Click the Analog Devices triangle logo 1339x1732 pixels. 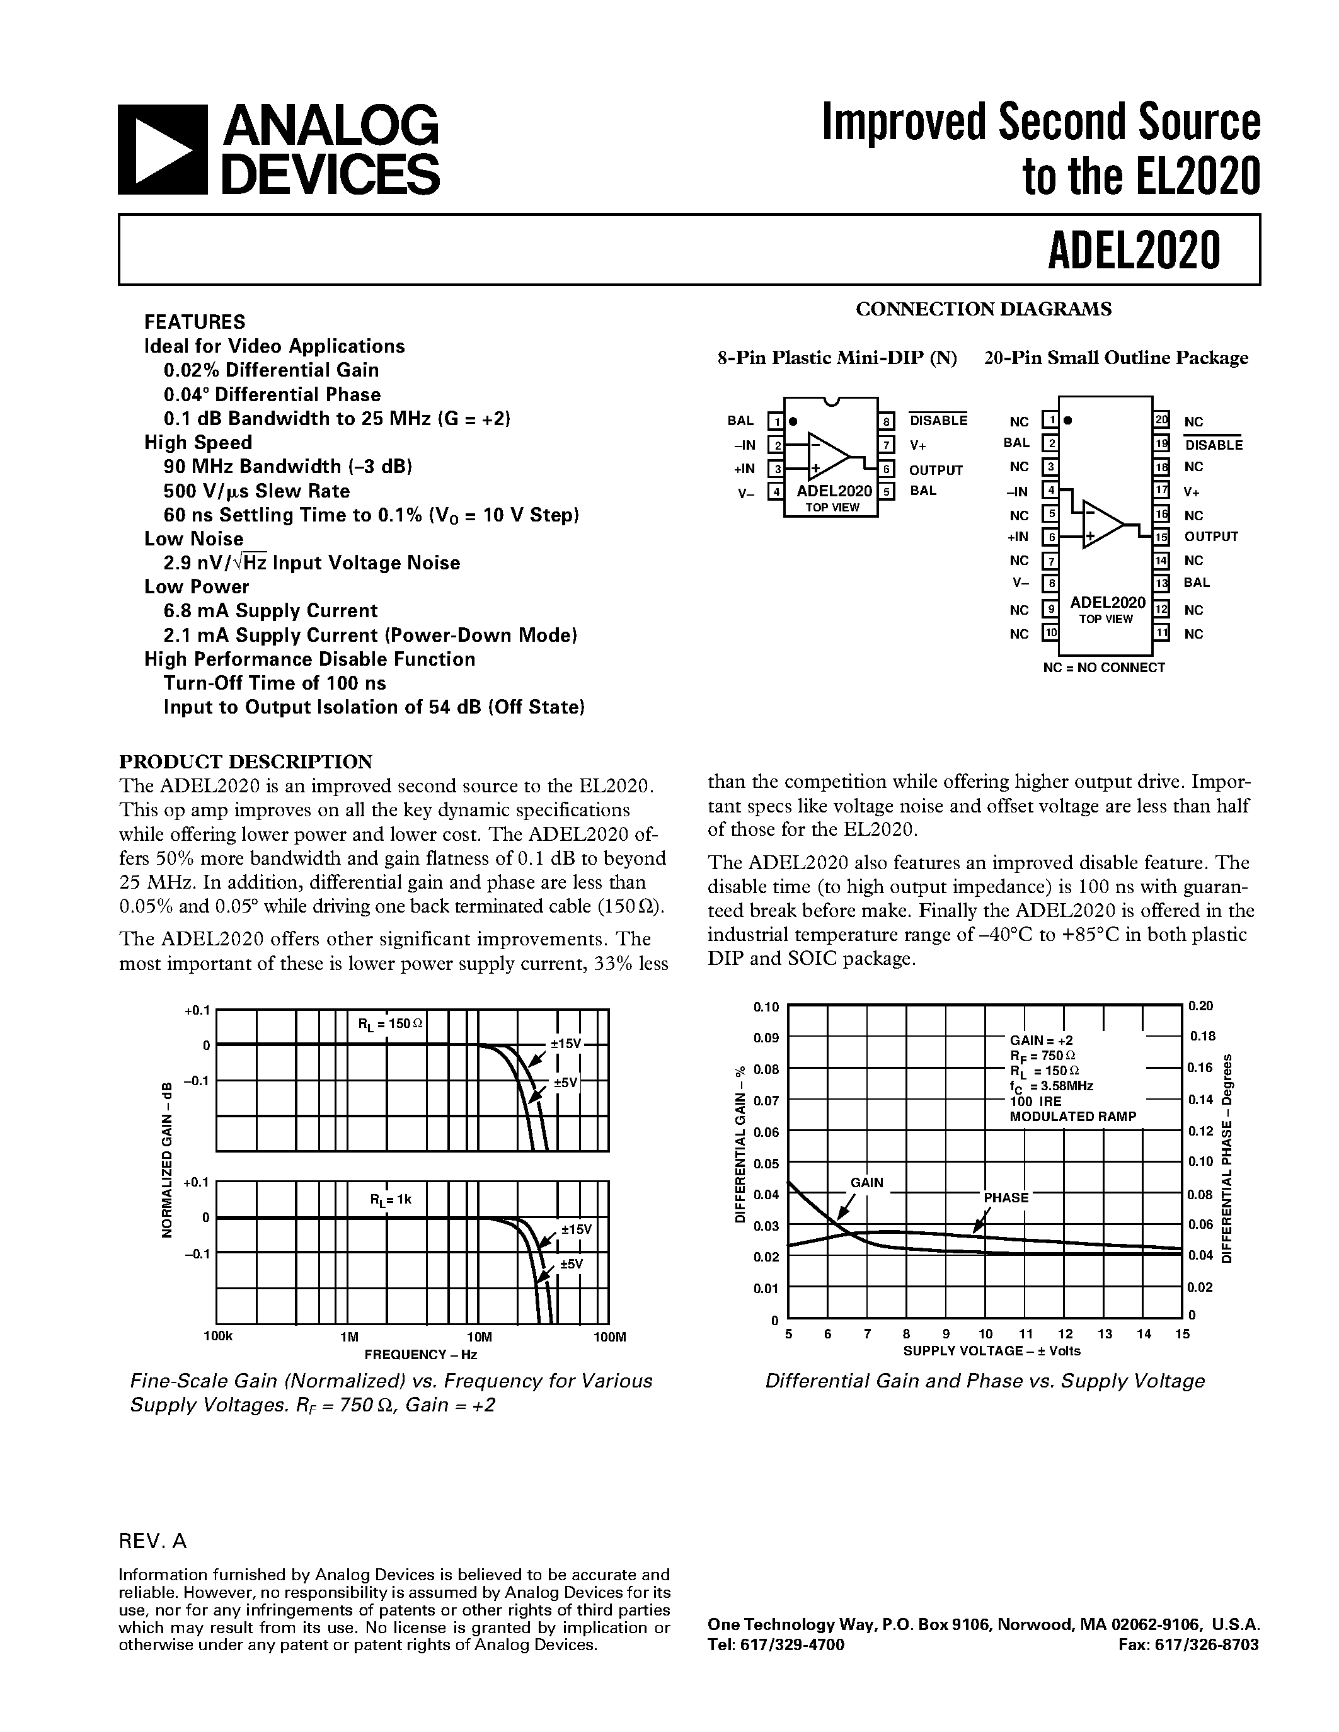tap(162, 149)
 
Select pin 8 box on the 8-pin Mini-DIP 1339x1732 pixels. tap(886, 421)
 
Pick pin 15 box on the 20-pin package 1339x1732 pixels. tap(1161, 537)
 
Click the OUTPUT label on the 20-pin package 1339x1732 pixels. tap(1210, 537)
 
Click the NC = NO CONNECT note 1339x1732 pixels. tap(1103, 668)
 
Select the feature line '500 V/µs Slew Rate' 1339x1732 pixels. tap(256, 491)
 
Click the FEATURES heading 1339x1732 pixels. tap(194, 322)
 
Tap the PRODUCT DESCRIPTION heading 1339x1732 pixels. tap(245, 762)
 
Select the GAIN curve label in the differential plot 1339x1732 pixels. tap(866, 1182)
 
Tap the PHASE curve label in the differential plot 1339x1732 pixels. tap(1006, 1197)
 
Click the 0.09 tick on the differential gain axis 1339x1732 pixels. tap(766, 1038)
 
